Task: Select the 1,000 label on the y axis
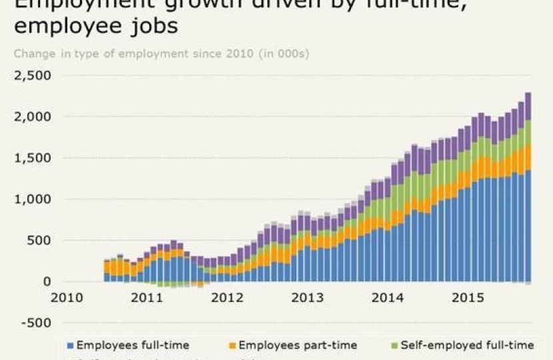(33, 199)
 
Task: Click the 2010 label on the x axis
(67, 298)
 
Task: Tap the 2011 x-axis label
(147, 298)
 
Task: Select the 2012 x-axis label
(226, 298)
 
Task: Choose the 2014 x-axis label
(385, 298)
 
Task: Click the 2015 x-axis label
(464, 298)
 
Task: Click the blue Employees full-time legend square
(70, 346)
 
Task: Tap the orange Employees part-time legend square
(232, 346)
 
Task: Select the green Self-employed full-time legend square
(394, 346)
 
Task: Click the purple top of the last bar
(528, 107)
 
